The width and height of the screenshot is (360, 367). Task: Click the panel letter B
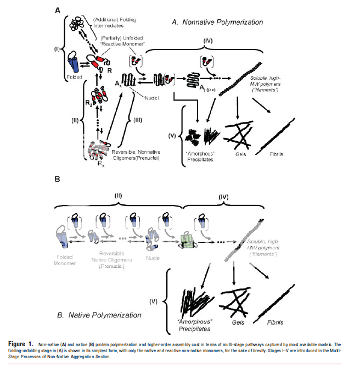[57, 179]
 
